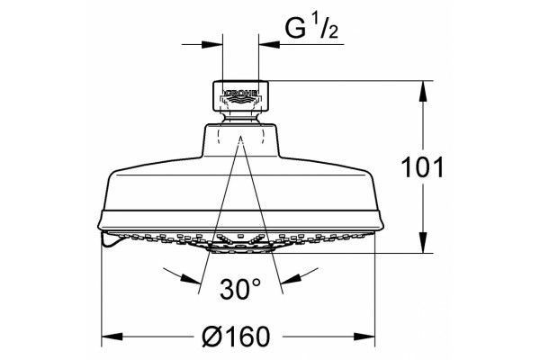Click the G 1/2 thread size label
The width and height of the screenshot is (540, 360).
[x=311, y=28]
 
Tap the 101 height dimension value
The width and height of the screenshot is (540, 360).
[x=423, y=167]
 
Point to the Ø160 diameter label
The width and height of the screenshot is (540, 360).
[x=236, y=337]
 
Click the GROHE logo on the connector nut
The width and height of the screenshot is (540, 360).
[x=240, y=93]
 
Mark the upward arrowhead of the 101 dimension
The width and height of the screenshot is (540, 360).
[x=423, y=91]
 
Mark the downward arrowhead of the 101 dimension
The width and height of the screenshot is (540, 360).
[x=423, y=243]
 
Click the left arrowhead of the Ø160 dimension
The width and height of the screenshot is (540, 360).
[x=112, y=337]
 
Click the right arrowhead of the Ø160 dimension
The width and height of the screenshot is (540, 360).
[x=364, y=337]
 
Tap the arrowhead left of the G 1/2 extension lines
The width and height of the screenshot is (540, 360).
[x=212, y=44]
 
